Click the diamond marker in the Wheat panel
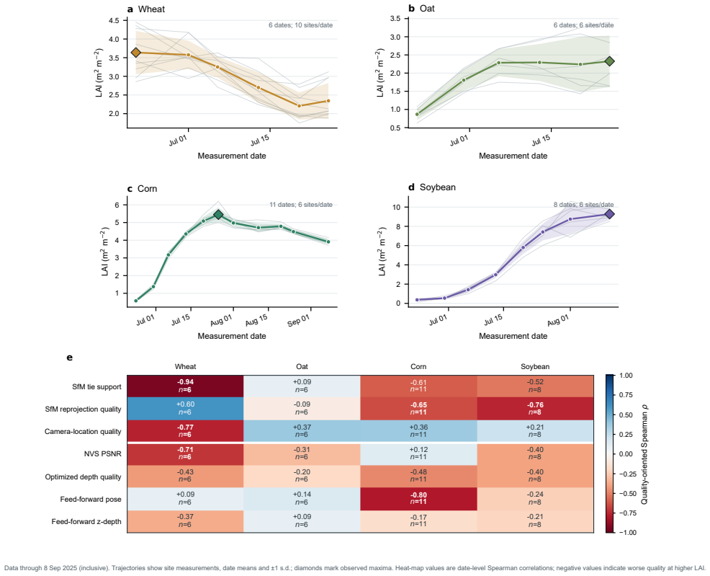tap(135, 53)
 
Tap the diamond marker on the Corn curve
tap(218, 214)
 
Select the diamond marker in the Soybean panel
tap(609, 214)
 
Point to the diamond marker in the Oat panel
tap(609, 61)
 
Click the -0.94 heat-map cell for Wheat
tap(185, 386)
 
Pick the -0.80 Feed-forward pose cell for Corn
tap(418, 499)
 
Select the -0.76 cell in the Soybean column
tap(535, 409)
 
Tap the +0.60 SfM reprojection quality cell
tap(185, 409)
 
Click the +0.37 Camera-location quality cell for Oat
tap(302, 431)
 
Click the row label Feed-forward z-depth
tap(86, 522)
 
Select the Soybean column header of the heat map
tap(535, 367)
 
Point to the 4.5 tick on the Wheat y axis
tap(114, 20)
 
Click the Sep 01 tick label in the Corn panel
tap(298, 320)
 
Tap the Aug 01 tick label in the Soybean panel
tap(557, 320)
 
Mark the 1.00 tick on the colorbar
tap(626, 376)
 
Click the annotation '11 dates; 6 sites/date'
tap(301, 205)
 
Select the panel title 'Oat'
tap(427, 9)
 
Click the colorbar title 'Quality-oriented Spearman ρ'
tap(644, 454)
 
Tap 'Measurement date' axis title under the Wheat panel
tap(232, 156)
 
